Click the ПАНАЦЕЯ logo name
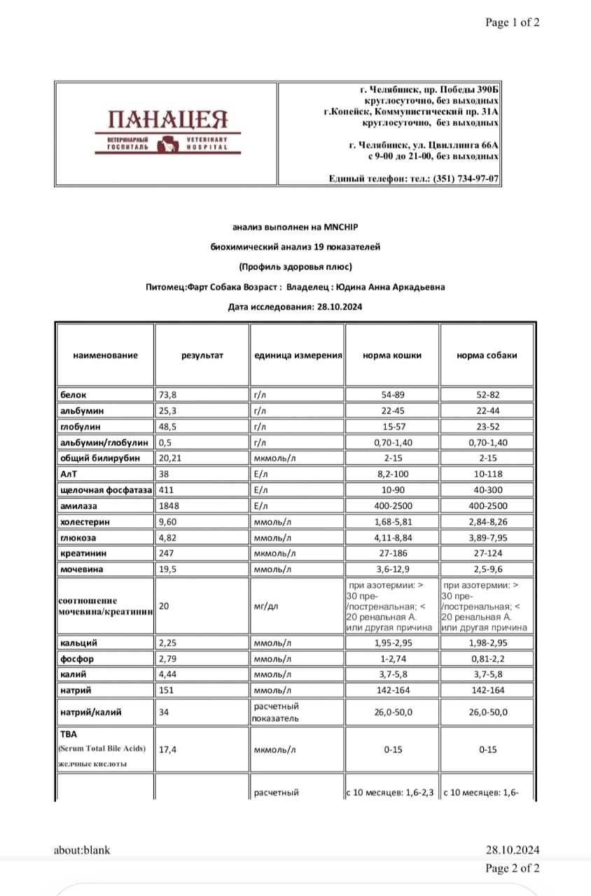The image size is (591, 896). (168, 120)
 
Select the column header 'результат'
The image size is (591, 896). (202, 355)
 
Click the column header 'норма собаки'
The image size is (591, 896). (487, 355)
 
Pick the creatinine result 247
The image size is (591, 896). (167, 553)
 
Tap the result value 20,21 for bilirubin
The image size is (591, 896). (170, 458)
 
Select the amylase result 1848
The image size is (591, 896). (169, 506)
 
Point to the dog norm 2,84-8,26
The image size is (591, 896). (487, 522)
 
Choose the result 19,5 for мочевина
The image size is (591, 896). (167, 569)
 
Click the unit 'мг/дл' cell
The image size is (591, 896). (265, 606)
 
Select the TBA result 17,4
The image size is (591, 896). (167, 750)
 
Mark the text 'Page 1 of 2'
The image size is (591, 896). (513, 22)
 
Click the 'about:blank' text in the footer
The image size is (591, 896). (82, 850)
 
